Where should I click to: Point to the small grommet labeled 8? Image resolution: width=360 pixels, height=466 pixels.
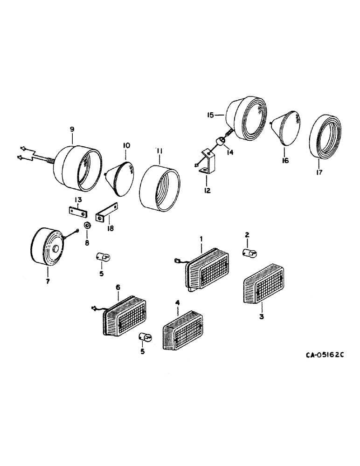pyautogui.click(x=87, y=226)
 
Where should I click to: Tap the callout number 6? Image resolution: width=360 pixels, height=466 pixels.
pyautogui.click(x=118, y=290)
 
